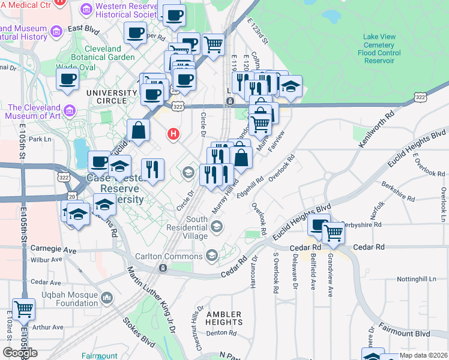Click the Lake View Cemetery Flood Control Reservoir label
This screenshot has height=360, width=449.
(379, 49)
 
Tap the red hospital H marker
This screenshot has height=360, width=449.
(174, 133)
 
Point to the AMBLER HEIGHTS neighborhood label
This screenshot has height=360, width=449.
(223, 318)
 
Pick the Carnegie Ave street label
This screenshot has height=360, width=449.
(54, 249)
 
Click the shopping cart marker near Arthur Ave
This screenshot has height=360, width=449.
(23, 310)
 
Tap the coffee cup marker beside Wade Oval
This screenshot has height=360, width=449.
(67, 79)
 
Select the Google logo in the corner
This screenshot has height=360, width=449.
(20, 353)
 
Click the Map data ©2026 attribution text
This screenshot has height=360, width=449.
(424, 355)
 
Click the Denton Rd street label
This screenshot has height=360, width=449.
(221, 333)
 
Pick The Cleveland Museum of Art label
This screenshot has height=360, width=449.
(35, 112)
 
